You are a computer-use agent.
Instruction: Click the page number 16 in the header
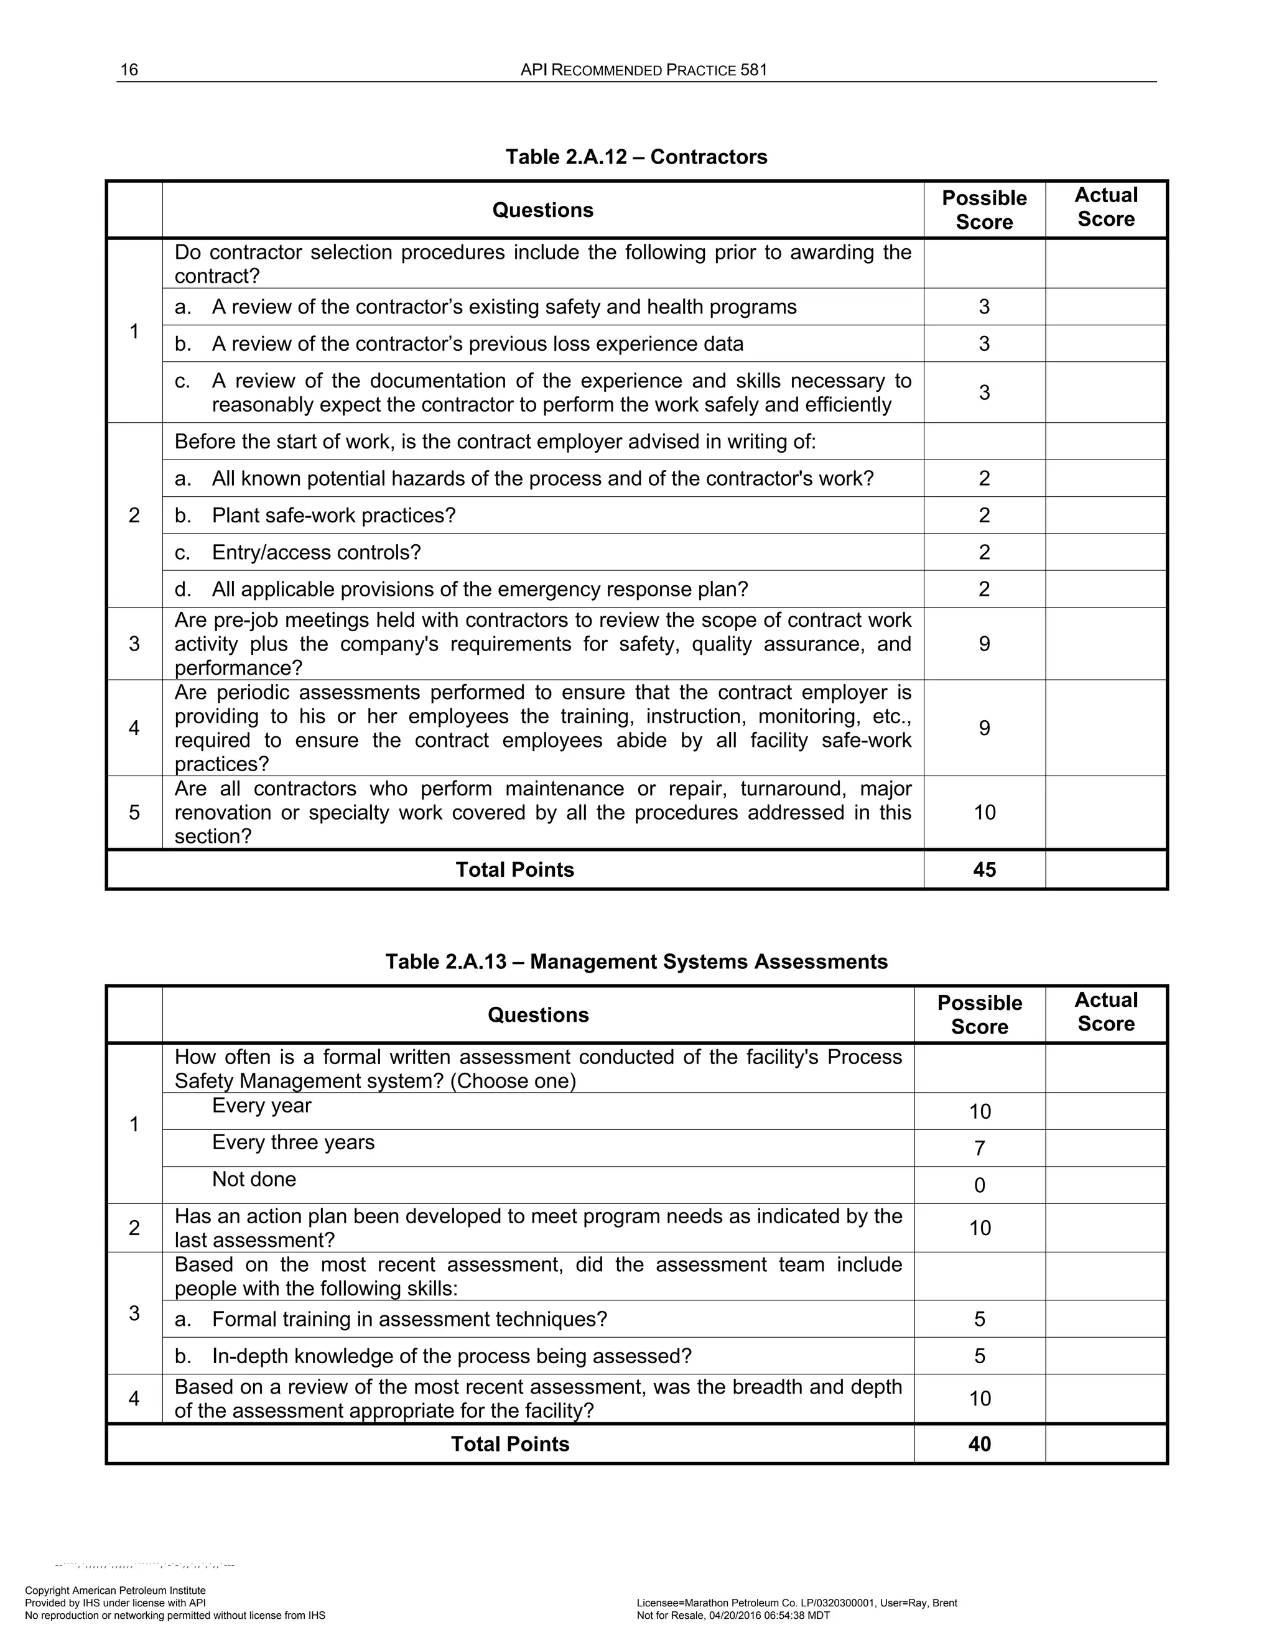click(x=129, y=70)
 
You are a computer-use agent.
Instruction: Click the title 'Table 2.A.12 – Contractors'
click(x=636, y=157)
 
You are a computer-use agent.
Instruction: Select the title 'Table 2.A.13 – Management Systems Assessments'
click(x=636, y=961)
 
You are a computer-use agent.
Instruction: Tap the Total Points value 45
click(x=984, y=869)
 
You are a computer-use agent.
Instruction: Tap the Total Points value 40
click(x=980, y=1443)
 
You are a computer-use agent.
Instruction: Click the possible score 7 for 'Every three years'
click(x=980, y=1149)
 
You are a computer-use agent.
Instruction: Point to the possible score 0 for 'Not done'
click(x=980, y=1185)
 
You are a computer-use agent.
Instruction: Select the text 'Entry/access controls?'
click(x=316, y=552)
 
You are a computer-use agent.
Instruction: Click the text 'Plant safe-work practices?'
click(x=333, y=516)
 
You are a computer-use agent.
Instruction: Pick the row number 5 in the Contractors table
click(x=134, y=812)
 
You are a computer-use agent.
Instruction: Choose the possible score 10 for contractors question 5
click(x=984, y=812)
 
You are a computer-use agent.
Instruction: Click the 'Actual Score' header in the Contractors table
click(x=1105, y=208)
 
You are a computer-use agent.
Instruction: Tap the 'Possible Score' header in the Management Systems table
click(x=980, y=1014)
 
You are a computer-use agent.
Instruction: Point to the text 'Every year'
click(x=261, y=1106)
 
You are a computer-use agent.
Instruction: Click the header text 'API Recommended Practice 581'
click(x=644, y=70)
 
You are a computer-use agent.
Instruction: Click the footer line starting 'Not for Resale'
click(x=733, y=1616)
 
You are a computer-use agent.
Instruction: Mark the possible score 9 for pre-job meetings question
click(x=984, y=644)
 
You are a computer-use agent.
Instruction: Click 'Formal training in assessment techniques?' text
click(x=409, y=1319)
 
